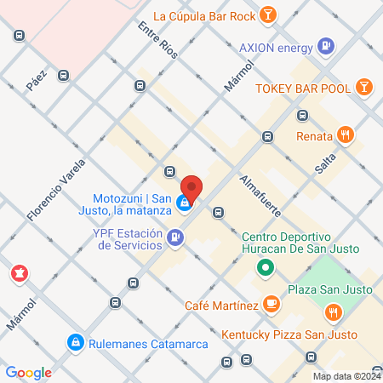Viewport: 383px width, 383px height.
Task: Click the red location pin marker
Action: tap(191, 188)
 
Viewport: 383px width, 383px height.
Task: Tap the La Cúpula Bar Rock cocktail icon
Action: tap(268, 14)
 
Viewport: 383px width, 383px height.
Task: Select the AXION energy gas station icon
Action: tap(324, 47)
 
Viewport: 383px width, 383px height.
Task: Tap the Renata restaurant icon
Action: tap(345, 134)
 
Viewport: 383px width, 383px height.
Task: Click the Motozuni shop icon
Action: tap(184, 204)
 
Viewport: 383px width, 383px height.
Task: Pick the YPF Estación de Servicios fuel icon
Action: tap(175, 237)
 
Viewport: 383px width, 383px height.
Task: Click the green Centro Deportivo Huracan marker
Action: tap(266, 271)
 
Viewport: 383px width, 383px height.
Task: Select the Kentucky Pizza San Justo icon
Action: tap(333, 313)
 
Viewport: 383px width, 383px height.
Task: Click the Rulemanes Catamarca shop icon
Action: tap(75, 342)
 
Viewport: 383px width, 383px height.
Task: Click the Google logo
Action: tap(28, 372)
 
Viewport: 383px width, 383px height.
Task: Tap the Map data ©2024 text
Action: tap(345, 375)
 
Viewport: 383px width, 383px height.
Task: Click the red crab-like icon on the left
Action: tap(17, 274)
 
